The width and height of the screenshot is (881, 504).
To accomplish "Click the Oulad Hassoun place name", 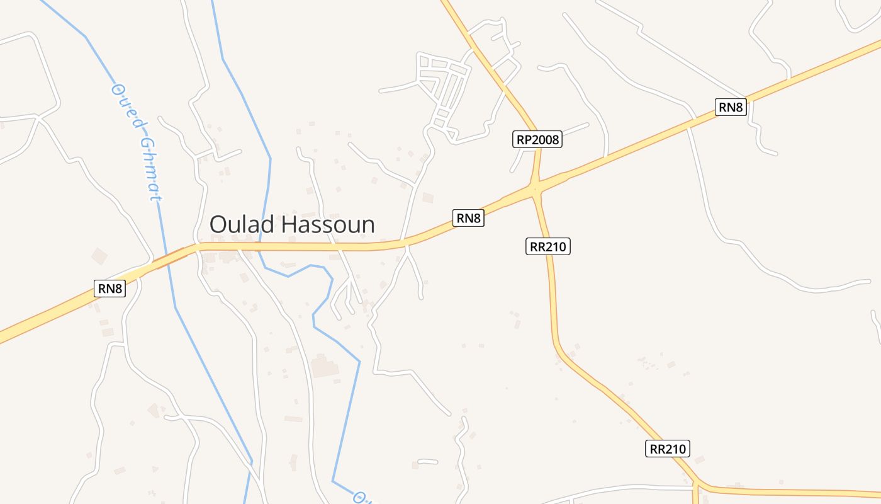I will [x=292, y=224].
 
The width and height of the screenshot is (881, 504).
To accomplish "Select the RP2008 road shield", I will [x=537, y=140].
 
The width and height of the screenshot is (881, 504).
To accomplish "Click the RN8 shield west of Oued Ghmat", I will [x=110, y=289].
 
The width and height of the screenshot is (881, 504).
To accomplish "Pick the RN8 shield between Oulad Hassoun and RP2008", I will [x=469, y=219].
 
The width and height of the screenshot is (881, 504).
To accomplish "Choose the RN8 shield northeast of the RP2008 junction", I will [x=731, y=107].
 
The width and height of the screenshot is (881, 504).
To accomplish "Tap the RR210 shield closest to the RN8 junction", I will [x=547, y=246].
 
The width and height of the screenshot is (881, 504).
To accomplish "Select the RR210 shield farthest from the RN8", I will [x=668, y=449].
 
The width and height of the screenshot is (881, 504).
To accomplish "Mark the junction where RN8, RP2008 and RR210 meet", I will [x=536, y=187].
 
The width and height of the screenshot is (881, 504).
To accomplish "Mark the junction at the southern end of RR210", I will [x=697, y=485].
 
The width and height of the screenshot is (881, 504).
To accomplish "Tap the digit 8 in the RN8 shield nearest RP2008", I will [x=478, y=219].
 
